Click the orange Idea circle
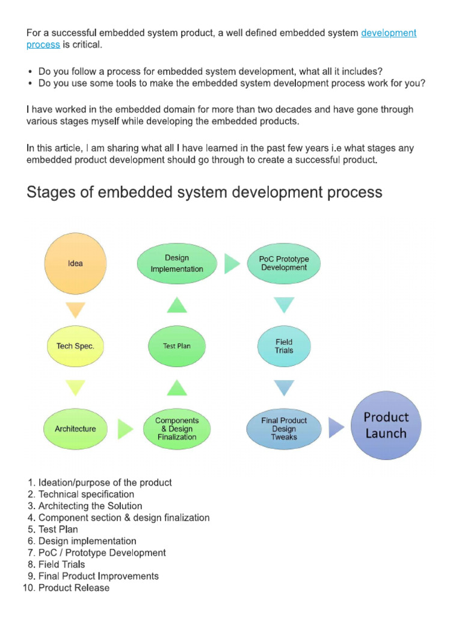pos(75,263)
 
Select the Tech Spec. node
pos(75,346)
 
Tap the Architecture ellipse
pos(75,428)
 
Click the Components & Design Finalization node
pos(177,428)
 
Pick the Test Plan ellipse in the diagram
pos(177,346)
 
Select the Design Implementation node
pos(177,263)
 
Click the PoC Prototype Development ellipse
pos(284,263)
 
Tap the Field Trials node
pos(284,346)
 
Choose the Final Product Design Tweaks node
pos(284,428)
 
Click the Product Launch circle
pos(386,425)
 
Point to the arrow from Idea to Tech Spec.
pos(75,310)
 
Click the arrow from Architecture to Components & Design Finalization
pos(125,428)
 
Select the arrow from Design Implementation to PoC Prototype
pos(232,263)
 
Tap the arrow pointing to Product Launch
pos(336,427)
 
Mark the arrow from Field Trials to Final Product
pos(284,387)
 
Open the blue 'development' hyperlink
pos(389,33)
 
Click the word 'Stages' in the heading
pos(49,192)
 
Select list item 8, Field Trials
pos(57,564)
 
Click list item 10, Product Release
pos(66,587)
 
